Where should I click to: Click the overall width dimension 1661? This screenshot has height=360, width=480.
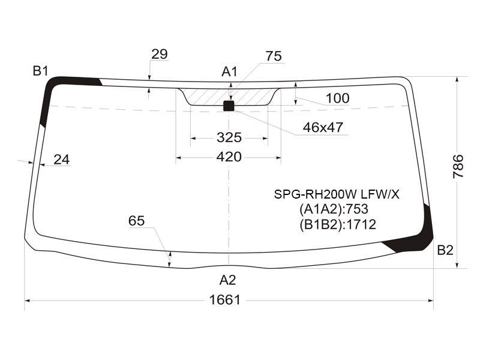(x=225, y=299)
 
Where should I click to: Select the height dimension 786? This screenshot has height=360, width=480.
(x=458, y=166)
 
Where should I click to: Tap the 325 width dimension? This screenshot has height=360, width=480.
(x=229, y=137)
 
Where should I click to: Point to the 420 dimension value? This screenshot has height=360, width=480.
(x=229, y=157)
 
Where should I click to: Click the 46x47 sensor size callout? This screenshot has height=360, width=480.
(x=323, y=127)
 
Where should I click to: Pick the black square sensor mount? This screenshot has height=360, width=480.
(x=229, y=106)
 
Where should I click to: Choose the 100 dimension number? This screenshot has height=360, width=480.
(x=337, y=98)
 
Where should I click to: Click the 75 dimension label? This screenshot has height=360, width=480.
(x=274, y=56)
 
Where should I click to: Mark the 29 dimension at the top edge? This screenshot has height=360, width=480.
(x=160, y=54)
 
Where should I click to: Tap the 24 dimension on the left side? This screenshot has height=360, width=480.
(x=62, y=160)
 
